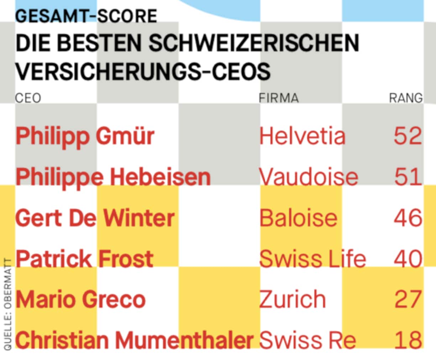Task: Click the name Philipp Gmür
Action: (x=85, y=136)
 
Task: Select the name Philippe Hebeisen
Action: (x=113, y=177)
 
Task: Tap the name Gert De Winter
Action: (x=95, y=218)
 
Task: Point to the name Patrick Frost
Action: (x=84, y=259)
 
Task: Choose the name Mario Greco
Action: (x=81, y=299)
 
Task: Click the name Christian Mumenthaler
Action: (x=134, y=340)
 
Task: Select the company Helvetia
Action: (x=302, y=136)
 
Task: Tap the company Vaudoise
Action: (x=308, y=177)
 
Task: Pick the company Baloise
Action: (x=298, y=218)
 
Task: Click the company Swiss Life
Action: (x=312, y=259)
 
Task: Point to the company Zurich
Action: (x=292, y=299)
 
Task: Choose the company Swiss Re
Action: (x=308, y=340)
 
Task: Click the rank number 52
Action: (x=408, y=136)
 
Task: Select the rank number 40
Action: (x=408, y=259)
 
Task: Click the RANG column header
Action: (x=406, y=98)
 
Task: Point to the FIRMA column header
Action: (x=279, y=98)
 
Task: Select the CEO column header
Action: (x=28, y=98)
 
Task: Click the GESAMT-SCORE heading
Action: (x=86, y=16)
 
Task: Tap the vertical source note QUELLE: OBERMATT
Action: (x=8, y=304)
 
